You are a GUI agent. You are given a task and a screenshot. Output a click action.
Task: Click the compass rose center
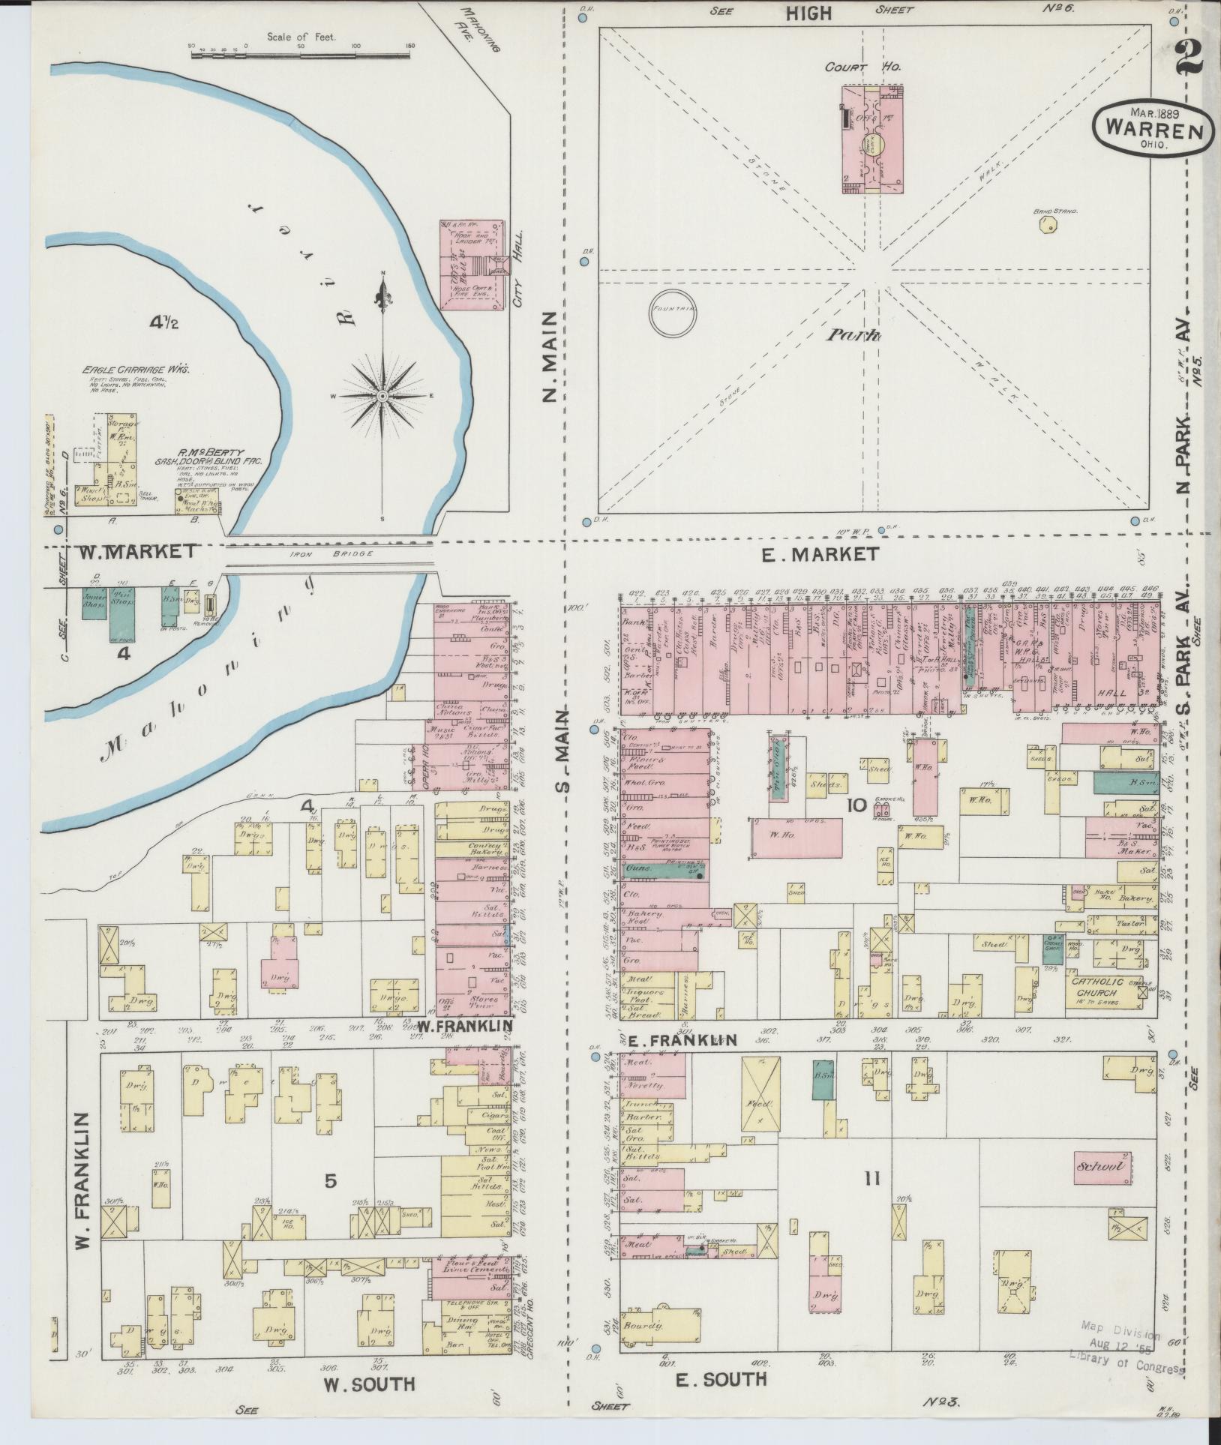pos(382,395)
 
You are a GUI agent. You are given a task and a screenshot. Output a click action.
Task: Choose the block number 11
pos(871,1179)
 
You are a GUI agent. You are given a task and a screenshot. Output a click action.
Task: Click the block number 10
pos(856,806)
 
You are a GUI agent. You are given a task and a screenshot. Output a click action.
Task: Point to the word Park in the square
pos(853,335)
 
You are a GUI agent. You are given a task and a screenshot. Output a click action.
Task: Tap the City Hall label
pos(517,288)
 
